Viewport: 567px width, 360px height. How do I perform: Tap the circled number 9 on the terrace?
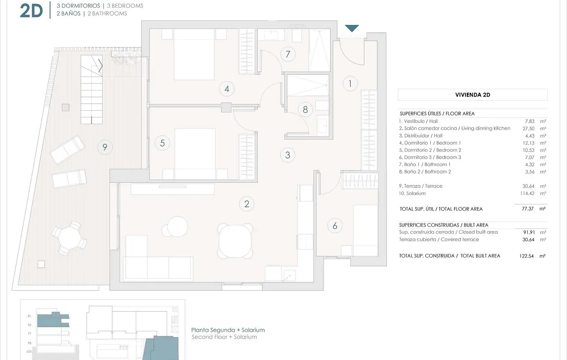105,147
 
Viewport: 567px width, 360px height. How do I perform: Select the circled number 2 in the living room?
247,204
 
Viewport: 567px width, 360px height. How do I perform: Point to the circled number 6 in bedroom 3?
335,226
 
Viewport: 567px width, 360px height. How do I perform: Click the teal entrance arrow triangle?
352,29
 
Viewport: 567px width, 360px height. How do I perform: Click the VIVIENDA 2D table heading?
472,95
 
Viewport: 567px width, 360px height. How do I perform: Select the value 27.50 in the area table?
527,128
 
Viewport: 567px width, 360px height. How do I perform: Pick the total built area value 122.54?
526,256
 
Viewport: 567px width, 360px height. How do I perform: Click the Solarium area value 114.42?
526,193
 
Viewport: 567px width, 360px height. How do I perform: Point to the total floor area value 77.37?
527,209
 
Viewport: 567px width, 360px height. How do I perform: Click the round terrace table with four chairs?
69,238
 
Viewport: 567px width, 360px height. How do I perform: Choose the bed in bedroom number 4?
194,54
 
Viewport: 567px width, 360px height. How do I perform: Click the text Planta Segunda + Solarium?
228,330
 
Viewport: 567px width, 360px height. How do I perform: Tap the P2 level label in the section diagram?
29,324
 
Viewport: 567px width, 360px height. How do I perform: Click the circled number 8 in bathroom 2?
305,110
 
